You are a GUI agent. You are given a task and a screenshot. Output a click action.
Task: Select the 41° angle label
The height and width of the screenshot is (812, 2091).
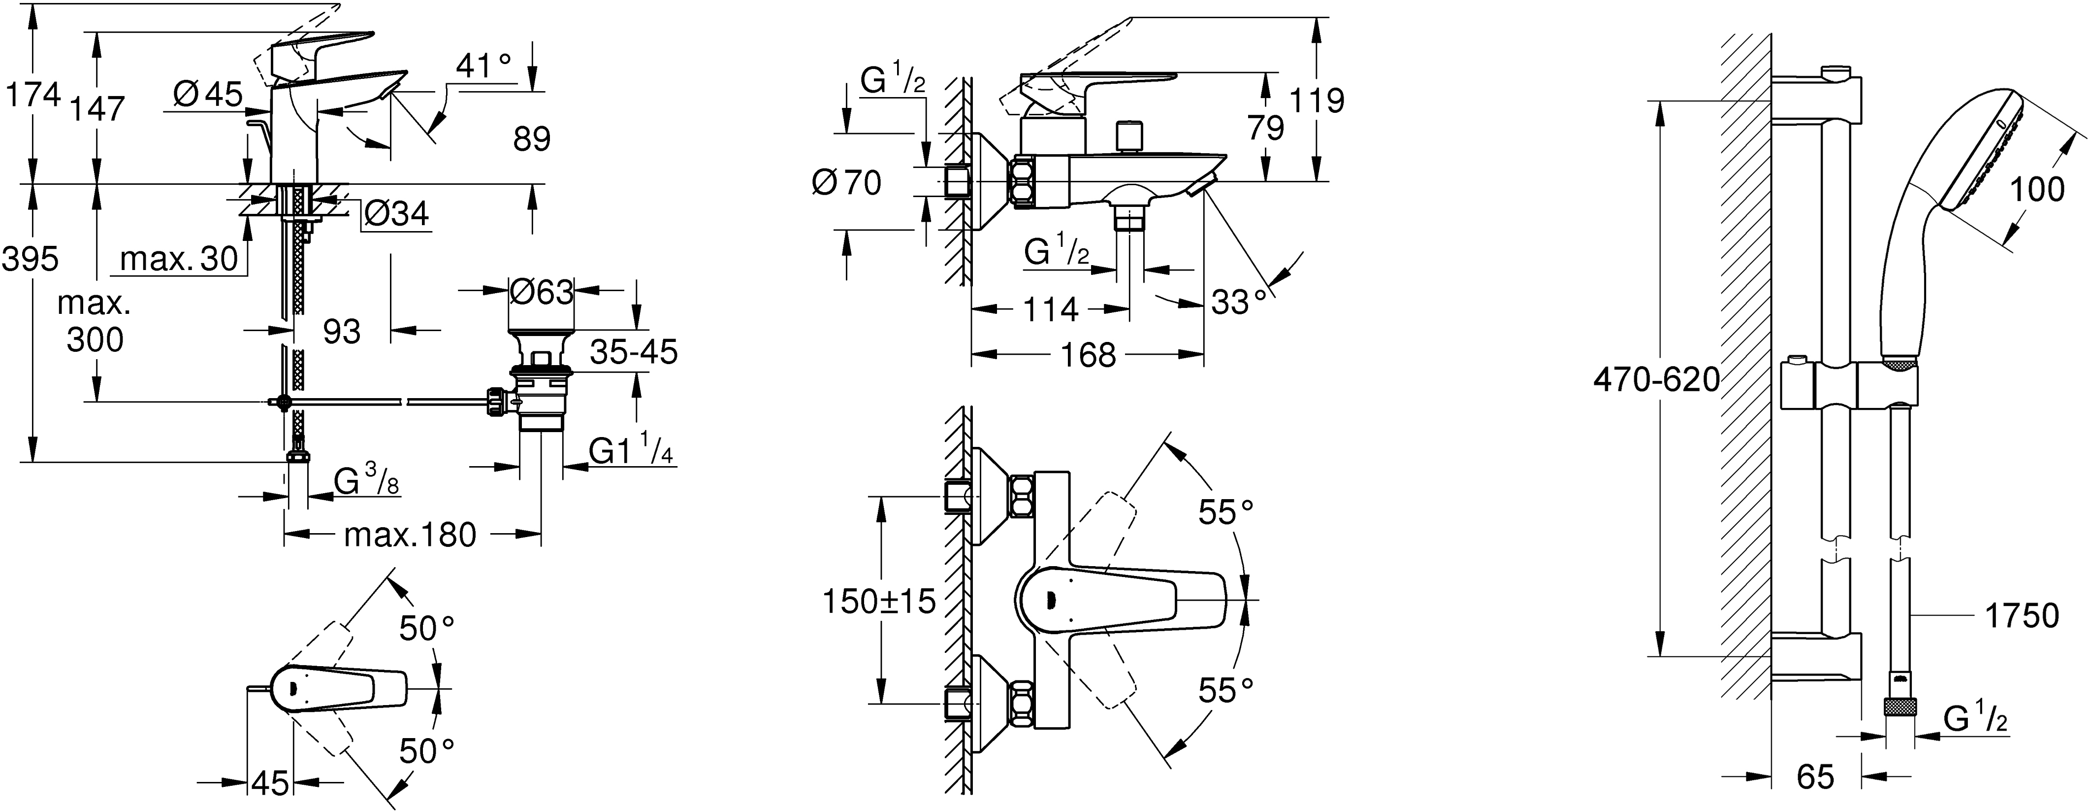pos(484,66)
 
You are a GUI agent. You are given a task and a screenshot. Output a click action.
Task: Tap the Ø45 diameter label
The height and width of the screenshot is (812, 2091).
pos(208,95)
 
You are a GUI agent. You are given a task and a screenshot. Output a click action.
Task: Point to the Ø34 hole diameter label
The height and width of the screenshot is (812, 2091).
pos(395,213)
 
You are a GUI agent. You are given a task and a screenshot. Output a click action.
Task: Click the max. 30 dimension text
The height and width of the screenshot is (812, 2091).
pos(179,259)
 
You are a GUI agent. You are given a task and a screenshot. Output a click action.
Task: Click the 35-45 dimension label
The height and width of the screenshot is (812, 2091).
pos(633,352)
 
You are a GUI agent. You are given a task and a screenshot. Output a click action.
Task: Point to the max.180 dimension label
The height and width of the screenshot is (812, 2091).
pos(410,535)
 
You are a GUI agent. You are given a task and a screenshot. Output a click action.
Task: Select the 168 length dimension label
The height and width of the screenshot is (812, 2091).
pos(1088,355)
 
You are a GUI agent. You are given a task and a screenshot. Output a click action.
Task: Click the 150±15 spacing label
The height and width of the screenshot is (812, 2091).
pos(879,602)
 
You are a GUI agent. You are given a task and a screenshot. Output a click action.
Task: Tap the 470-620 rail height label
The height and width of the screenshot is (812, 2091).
pos(1656,380)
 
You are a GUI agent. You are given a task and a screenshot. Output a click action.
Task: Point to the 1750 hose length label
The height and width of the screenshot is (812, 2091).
pos(2021,616)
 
